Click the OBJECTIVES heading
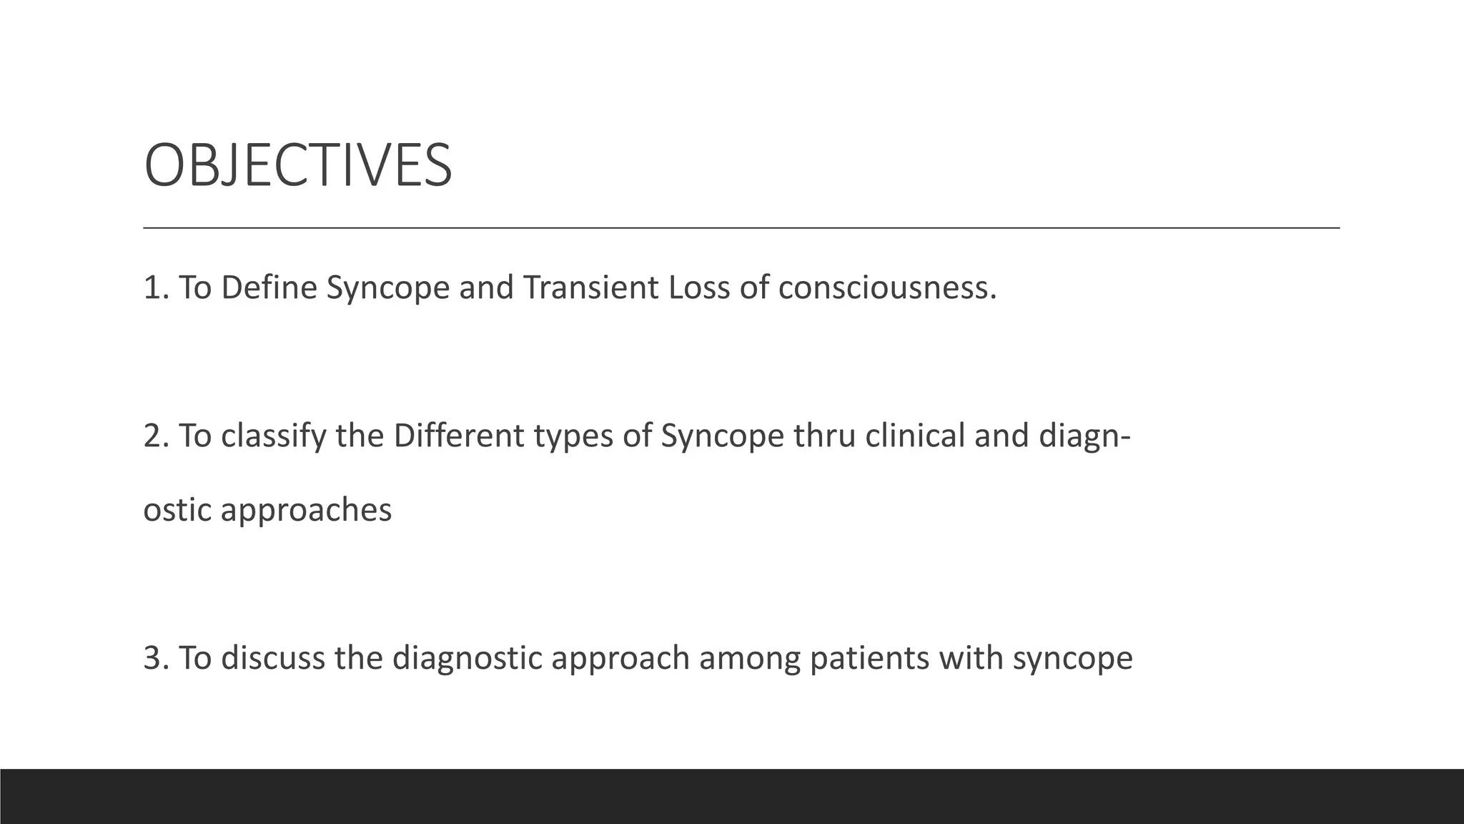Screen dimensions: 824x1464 click(297, 165)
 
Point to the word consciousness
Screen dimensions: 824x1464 click(886, 288)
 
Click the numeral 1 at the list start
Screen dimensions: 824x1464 click(152, 288)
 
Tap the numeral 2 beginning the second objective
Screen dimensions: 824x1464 click(152, 436)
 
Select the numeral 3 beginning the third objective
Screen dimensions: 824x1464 click(152, 658)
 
